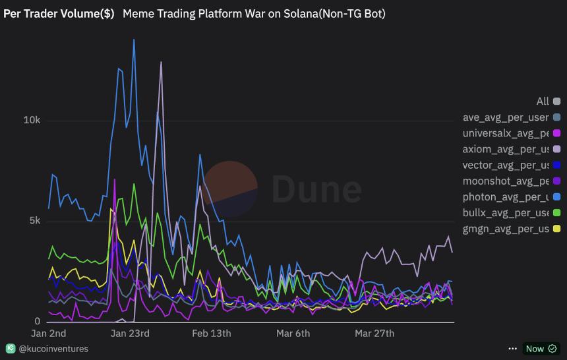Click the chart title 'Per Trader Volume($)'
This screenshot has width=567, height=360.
click(x=59, y=13)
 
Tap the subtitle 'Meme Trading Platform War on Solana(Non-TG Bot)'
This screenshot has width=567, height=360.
click(x=254, y=13)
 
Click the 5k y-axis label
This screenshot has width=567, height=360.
click(x=34, y=221)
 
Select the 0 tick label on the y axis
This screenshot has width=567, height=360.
click(x=38, y=321)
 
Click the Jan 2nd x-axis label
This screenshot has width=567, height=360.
click(x=48, y=333)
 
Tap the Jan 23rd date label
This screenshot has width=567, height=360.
click(x=129, y=333)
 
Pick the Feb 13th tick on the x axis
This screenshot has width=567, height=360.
click(x=212, y=333)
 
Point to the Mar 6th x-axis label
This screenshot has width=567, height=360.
click(x=293, y=333)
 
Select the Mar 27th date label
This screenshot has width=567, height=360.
click(x=374, y=333)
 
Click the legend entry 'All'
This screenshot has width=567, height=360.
click(x=543, y=102)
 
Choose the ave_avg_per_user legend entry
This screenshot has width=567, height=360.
click(x=506, y=117)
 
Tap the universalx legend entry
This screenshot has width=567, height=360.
click(x=506, y=133)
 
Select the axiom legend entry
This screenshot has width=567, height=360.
click(x=506, y=149)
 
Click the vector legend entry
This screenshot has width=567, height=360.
click(x=506, y=165)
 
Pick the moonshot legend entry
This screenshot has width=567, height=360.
click(x=506, y=181)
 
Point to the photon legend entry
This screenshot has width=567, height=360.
click(x=506, y=196)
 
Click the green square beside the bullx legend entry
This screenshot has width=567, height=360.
click(x=557, y=213)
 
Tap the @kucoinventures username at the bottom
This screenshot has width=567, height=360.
click(x=53, y=348)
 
